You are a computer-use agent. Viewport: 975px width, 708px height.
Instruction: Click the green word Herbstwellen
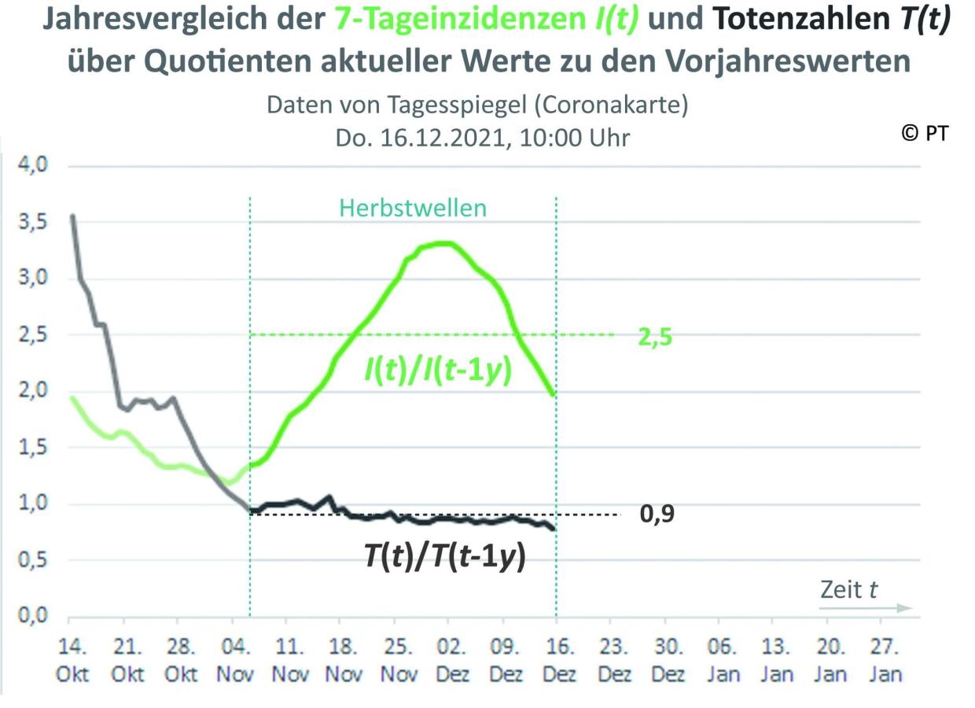pos(413,208)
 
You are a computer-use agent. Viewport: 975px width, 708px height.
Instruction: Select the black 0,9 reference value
pos(658,514)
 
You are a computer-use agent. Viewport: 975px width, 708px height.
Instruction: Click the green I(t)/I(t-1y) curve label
pos(438,370)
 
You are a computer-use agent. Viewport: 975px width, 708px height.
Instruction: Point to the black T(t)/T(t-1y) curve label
pos(444,556)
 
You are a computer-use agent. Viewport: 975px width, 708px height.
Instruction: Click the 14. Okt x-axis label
pos(73,661)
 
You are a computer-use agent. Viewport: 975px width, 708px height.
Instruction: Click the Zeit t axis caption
pos(849,589)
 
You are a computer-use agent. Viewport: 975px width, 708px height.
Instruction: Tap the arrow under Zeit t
pos(865,608)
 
